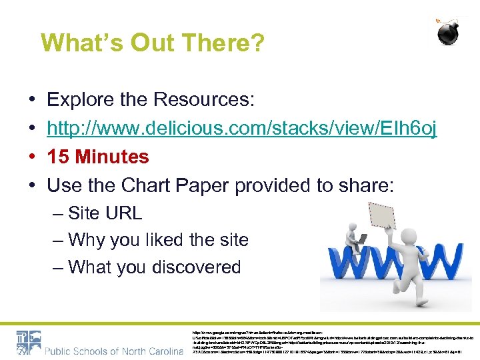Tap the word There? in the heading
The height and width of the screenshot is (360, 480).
click(227, 43)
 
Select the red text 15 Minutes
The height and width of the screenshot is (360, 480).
click(98, 157)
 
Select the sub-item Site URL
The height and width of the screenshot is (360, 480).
click(105, 213)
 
